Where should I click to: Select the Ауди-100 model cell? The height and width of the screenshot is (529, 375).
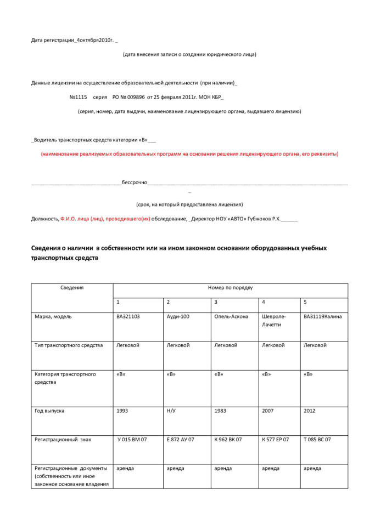coord(178,316)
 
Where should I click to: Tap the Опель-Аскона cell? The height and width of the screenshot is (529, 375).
coord(231,316)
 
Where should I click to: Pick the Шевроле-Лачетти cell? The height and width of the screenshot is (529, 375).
coord(274,321)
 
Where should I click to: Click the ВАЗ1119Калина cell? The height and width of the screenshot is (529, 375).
coord(322,316)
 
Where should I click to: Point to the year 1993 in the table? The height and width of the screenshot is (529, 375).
coord(122,411)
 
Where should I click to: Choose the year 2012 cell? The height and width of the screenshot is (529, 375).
coord(310,411)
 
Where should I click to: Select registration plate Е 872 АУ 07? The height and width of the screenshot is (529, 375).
coord(180,439)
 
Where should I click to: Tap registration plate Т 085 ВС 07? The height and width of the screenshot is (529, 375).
coord(317,439)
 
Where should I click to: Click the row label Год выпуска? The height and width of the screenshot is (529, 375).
coord(49,411)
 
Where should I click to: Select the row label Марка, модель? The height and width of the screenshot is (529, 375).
coord(53,316)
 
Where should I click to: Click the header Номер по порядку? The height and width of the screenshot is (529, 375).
coord(230,287)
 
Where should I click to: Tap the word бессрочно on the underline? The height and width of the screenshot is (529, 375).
coord(134,182)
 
